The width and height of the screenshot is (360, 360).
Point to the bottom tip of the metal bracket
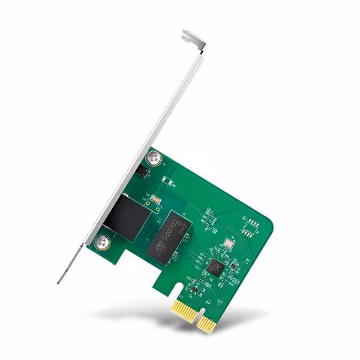click(x=59, y=281)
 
